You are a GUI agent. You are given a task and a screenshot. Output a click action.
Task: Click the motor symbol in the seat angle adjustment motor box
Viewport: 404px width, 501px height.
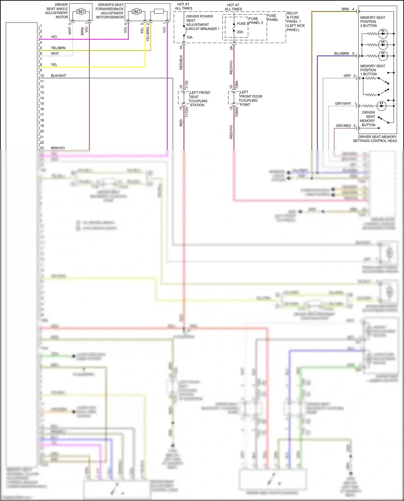(x=81, y=12)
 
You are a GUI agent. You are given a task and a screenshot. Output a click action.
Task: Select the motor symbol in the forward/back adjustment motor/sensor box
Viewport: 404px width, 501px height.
(x=136, y=12)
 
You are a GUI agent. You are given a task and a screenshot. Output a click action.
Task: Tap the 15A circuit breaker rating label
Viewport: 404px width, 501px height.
(x=189, y=37)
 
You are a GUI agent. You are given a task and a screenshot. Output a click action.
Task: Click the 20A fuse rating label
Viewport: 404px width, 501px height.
(x=240, y=32)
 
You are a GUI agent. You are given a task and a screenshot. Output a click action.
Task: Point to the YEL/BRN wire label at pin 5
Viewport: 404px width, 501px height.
(x=58, y=48)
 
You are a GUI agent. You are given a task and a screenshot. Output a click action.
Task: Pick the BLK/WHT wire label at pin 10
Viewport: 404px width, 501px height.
(x=58, y=76)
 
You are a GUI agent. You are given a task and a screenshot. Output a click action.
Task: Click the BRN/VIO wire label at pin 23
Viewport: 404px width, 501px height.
(x=58, y=148)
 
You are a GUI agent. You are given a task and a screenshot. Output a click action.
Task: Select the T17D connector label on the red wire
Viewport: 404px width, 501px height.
(x=187, y=85)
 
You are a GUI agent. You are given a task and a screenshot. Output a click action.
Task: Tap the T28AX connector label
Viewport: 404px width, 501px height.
(x=237, y=111)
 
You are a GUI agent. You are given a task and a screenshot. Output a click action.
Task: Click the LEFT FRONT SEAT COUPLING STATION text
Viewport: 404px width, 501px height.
(x=200, y=99)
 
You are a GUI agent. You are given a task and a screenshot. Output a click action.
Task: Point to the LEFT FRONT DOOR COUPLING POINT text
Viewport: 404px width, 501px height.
(x=250, y=98)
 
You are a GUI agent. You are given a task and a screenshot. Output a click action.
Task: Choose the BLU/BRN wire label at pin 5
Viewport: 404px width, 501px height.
(x=341, y=54)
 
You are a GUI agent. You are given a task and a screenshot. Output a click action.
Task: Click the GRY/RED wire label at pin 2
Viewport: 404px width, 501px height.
(x=343, y=126)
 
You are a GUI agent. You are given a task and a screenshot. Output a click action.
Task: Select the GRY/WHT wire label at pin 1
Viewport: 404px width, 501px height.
(x=343, y=103)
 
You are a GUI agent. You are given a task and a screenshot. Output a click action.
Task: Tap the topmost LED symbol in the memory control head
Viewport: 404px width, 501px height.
(x=383, y=34)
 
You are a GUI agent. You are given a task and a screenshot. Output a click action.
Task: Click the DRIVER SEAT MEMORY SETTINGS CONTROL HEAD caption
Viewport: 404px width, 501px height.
(x=375, y=139)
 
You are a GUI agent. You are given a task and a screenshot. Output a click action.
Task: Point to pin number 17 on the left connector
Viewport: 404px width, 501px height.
(x=42, y=115)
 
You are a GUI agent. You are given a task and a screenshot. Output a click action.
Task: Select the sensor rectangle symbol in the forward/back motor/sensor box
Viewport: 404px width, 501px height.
(x=159, y=11)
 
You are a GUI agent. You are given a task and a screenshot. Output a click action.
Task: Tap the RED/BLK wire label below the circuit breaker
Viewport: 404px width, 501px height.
(x=181, y=62)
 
